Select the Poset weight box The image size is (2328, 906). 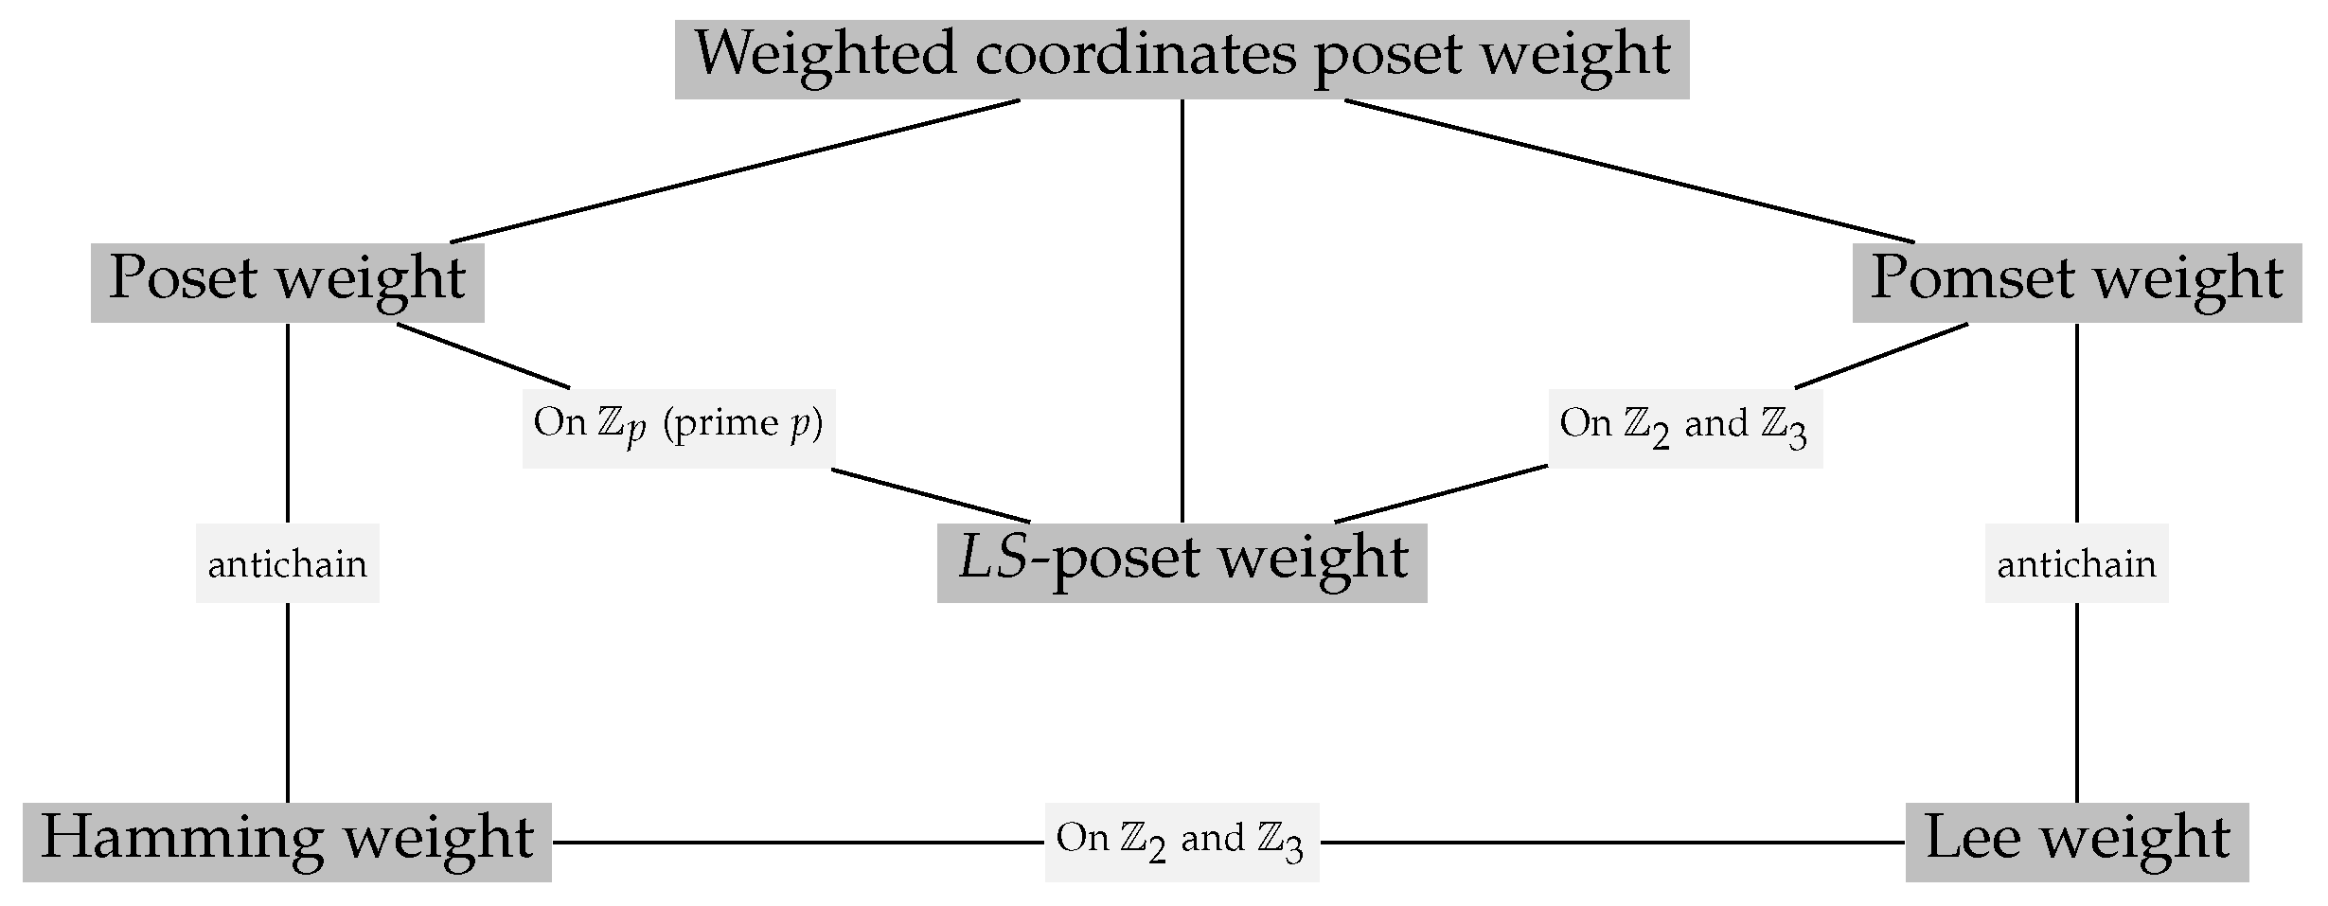coord(287,281)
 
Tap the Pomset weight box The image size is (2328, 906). coord(2076,281)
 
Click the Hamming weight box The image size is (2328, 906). coord(287,842)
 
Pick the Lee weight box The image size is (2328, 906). coord(2076,842)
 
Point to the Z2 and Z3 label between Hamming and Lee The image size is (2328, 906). coord(1181,842)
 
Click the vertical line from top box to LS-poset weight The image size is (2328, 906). coord(1182,312)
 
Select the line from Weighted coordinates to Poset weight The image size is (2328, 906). coord(734,171)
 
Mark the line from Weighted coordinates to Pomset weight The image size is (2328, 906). coord(1628,171)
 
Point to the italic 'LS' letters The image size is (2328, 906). coord(993,559)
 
